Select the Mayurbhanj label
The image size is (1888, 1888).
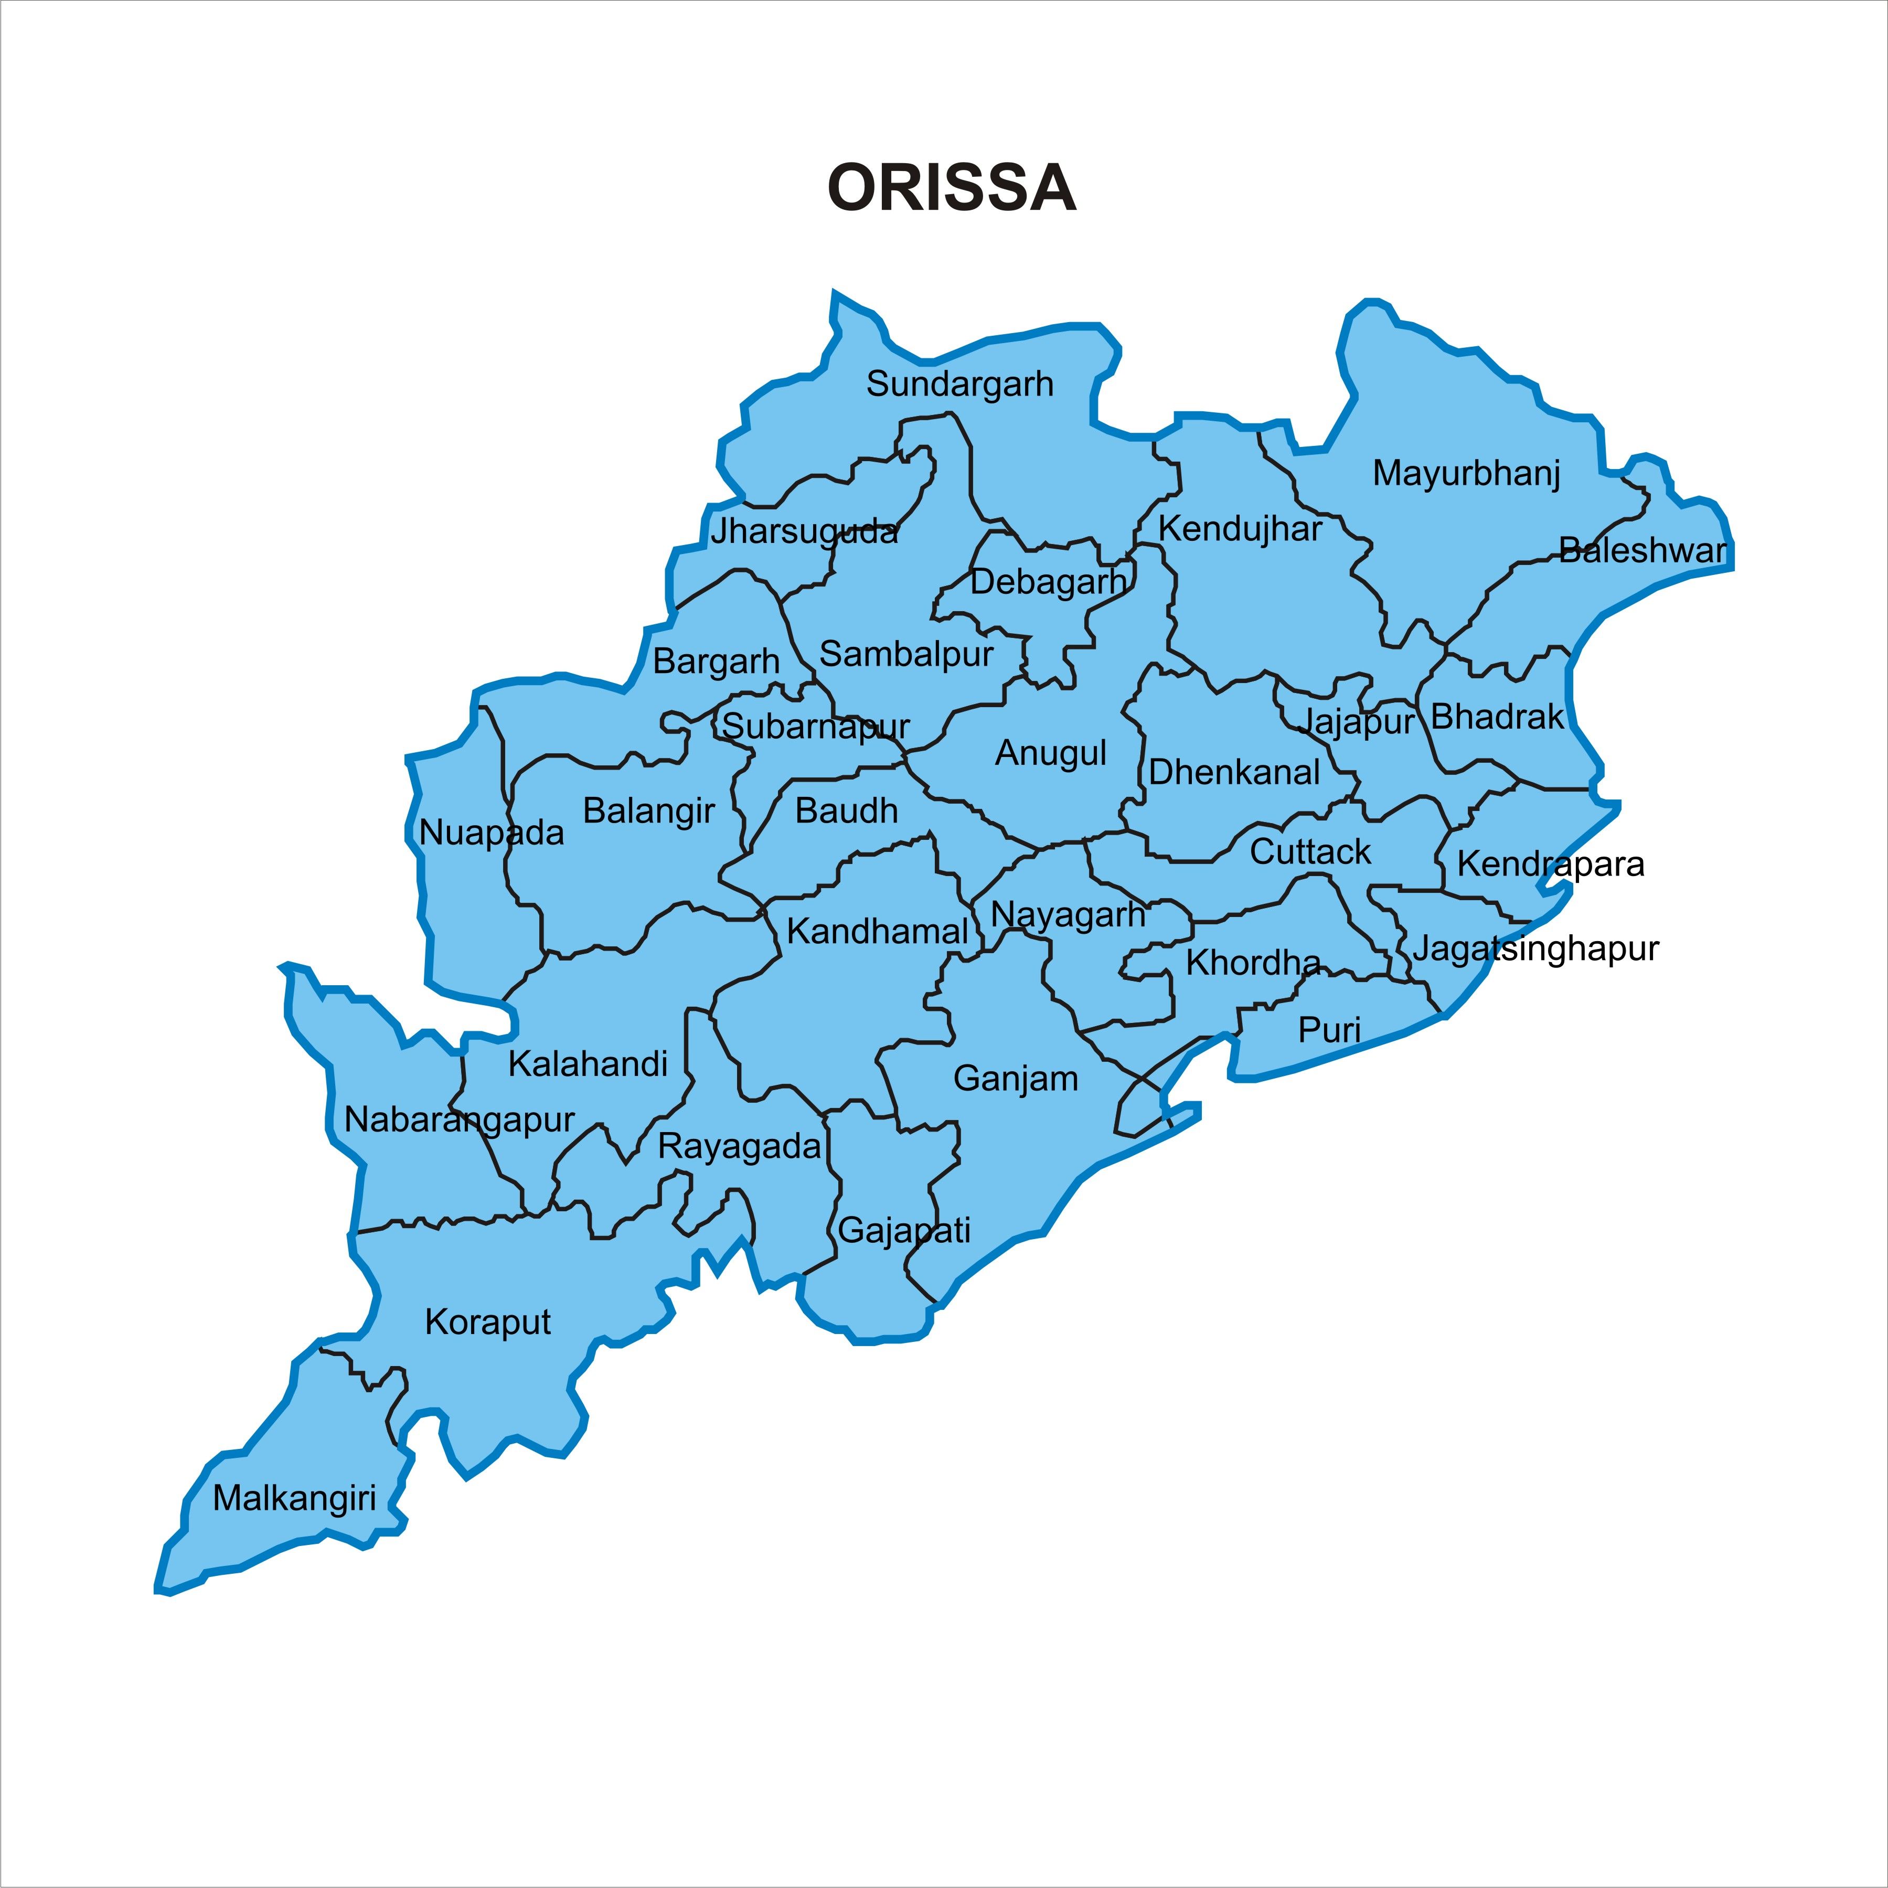(1466, 474)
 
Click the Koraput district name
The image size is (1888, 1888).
(488, 1322)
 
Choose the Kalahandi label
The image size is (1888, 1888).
(588, 1064)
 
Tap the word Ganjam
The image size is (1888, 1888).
(1015, 1079)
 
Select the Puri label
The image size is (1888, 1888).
(1329, 1030)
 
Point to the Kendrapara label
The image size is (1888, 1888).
(1550, 864)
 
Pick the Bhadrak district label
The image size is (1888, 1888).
(1497, 717)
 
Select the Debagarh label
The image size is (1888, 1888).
(1048, 582)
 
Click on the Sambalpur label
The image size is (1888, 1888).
(906, 654)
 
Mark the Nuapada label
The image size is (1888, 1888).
(492, 833)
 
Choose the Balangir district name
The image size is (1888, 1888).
(649, 811)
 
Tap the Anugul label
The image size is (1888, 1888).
(1051, 753)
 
